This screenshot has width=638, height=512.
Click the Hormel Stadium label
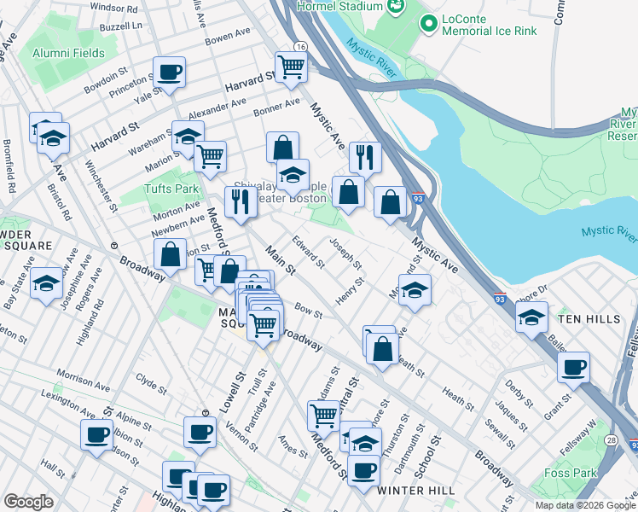click(338, 7)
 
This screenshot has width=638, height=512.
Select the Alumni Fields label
click(68, 53)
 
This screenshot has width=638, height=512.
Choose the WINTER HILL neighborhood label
click(412, 491)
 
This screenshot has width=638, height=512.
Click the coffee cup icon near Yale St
click(169, 73)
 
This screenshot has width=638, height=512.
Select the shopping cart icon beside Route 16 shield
click(291, 67)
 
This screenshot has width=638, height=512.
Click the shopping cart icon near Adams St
click(323, 416)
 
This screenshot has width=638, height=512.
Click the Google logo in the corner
click(29, 502)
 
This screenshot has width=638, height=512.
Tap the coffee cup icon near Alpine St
click(96, 434)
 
